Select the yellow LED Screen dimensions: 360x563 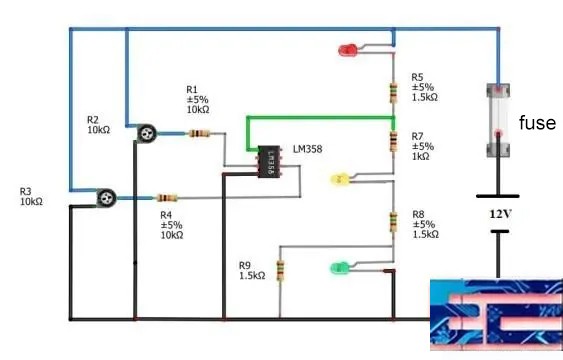(x=339, y=180)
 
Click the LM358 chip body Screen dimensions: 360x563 (x=268, y=162)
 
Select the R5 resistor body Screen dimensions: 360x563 (x=394, y=93)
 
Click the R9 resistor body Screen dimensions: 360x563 (x=280, y=270)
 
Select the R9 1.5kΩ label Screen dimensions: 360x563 (x=252, y=271)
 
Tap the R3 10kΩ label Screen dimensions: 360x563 (x=31, y=196)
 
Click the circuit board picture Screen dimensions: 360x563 (x=495, y=313)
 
